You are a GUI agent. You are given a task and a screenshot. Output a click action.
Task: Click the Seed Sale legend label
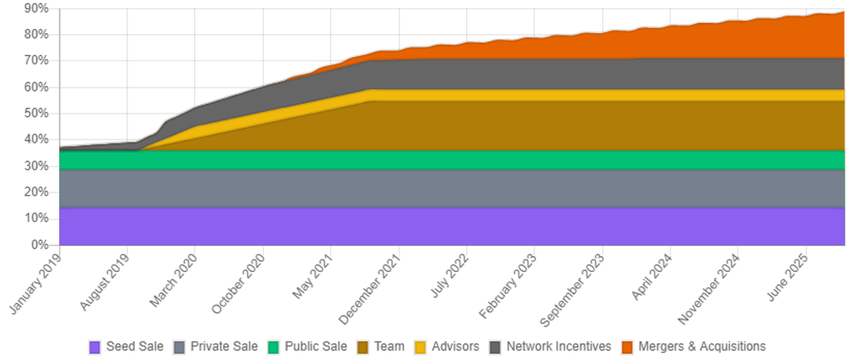(135, 346)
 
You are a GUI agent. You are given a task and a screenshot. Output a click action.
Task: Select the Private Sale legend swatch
(180, 346)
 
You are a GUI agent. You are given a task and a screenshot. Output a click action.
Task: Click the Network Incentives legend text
(559, 346)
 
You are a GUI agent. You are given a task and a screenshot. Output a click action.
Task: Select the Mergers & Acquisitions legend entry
(692, 346)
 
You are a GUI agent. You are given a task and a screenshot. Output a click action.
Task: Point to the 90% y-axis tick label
(36, 9)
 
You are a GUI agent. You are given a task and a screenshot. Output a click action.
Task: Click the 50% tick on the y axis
(36, 114)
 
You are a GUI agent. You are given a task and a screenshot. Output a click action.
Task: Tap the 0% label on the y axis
(40, 245)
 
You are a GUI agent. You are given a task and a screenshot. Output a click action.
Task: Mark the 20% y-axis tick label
(36, 193)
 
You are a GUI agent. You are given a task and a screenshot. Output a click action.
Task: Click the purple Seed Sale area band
(433, 227)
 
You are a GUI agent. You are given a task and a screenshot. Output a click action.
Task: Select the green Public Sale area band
(433, 159)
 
